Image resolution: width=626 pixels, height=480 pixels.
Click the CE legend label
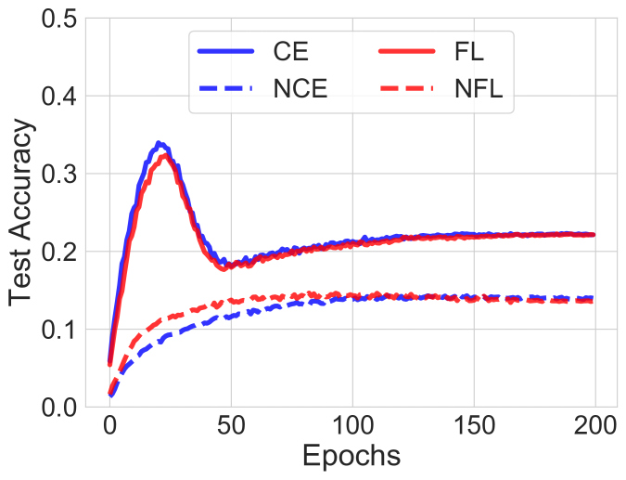[x=293, y=48]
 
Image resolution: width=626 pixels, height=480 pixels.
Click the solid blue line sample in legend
[x=226, y=48]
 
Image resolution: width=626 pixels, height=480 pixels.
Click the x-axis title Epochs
[x=351, y=457]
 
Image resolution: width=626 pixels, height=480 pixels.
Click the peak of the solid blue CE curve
[x=160, y=144]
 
